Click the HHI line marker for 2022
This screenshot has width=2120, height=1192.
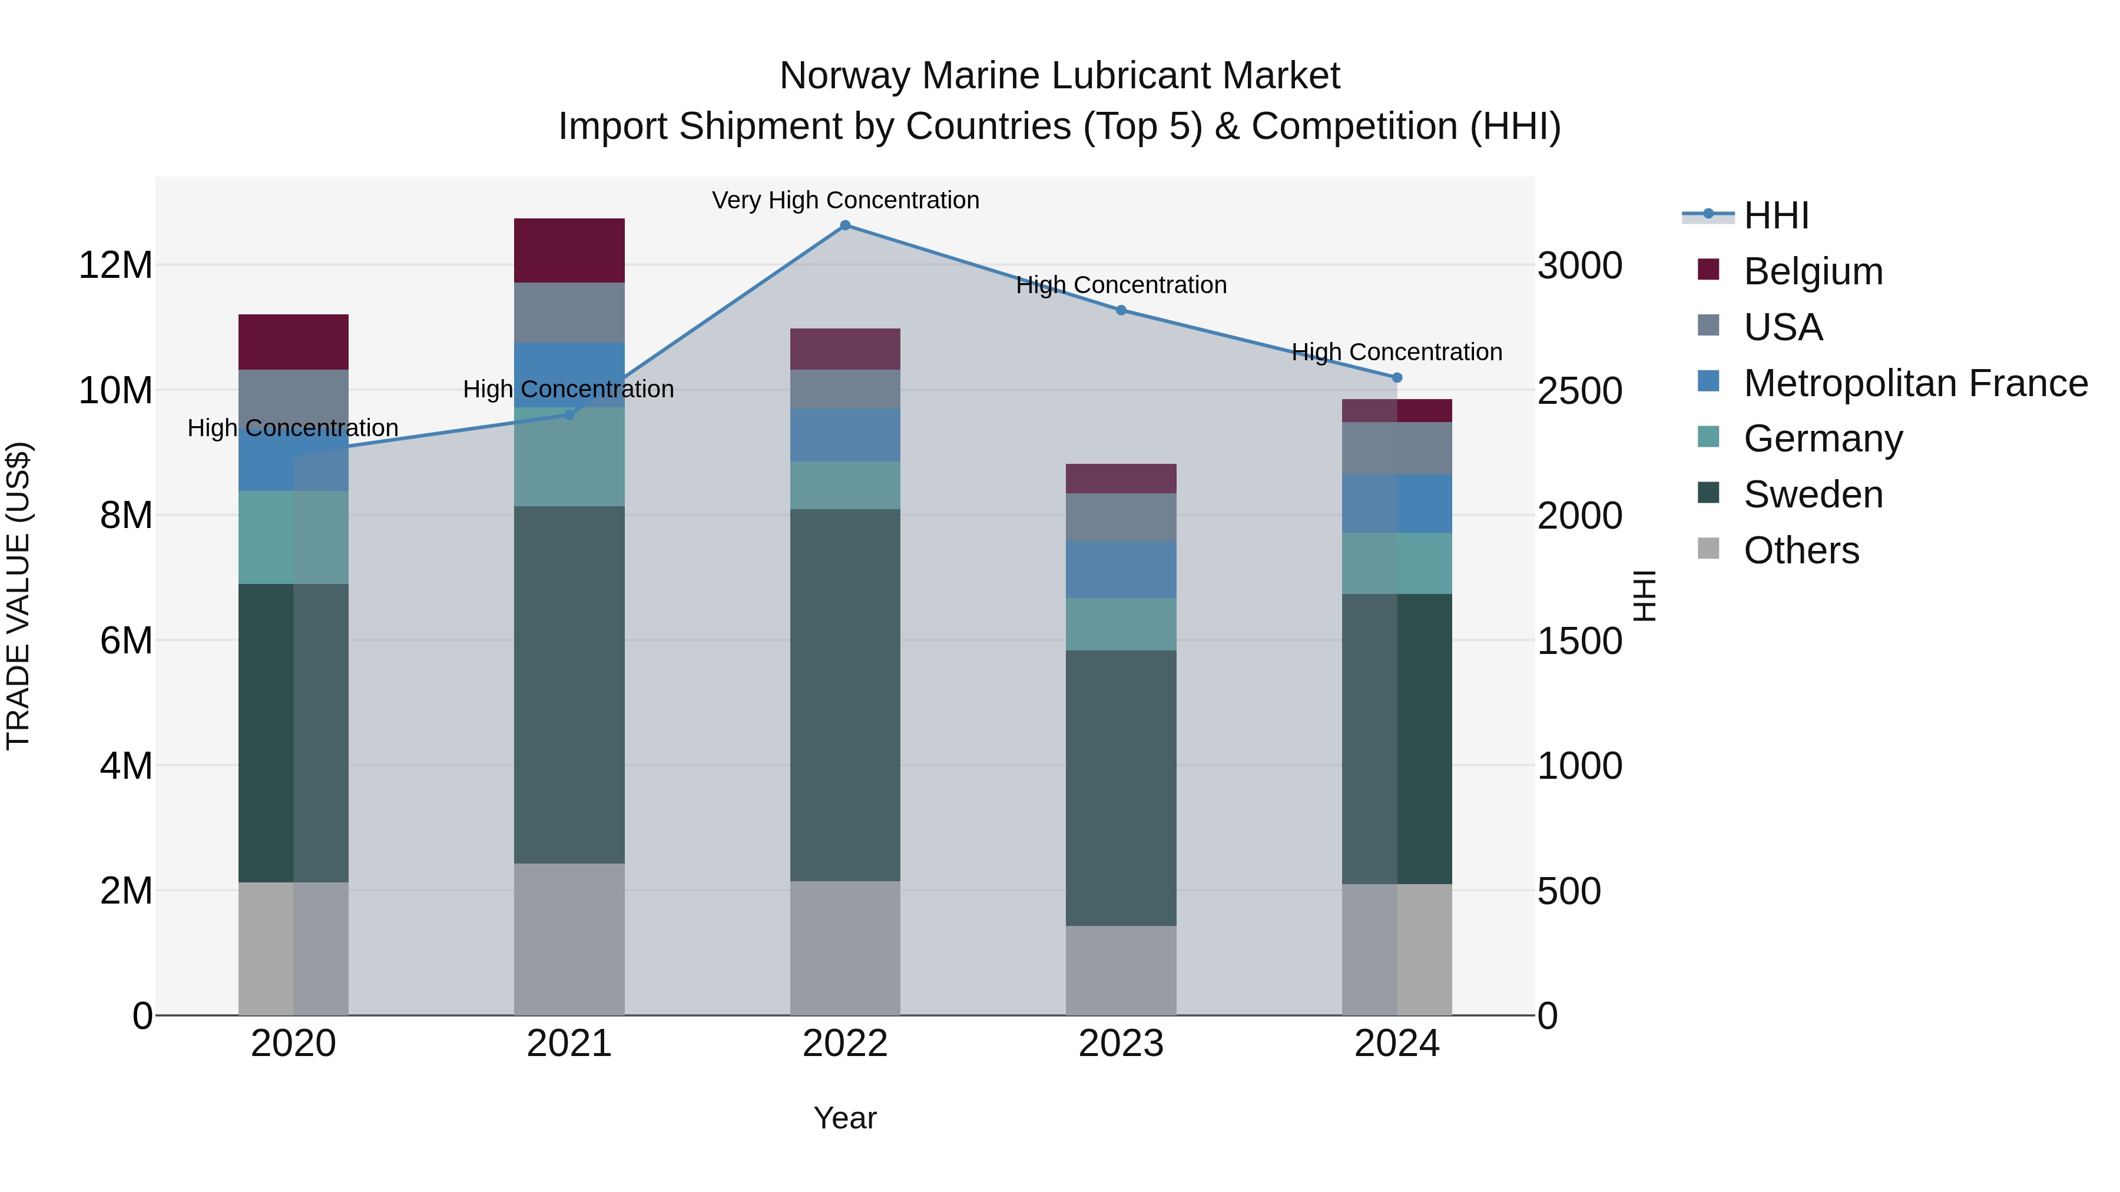pos(844,225)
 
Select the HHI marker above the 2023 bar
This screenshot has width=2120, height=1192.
pos(1121,310)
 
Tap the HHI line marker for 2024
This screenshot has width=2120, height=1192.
pos(1397,377)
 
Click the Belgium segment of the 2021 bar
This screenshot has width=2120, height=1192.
pos(569,250)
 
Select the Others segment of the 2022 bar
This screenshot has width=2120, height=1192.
pos(844,948)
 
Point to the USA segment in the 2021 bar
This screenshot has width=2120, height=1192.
pos(569,313)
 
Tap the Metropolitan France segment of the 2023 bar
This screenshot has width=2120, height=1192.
pos(1121,569)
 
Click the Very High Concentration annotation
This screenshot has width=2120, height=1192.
pos(845,200)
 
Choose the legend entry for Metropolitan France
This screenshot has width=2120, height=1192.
pos(1915,383)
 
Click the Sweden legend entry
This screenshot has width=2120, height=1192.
pos(1813,494)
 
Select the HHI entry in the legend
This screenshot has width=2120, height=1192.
pos(1776,215)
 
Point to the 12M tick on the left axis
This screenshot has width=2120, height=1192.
pos(115,265)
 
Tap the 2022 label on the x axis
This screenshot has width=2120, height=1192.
pos(844,1044)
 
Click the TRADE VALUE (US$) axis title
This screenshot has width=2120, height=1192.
pos(18,596)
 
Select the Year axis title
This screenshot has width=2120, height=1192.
pos(844,1118)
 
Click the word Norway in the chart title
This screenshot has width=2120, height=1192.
pos(844,76)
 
